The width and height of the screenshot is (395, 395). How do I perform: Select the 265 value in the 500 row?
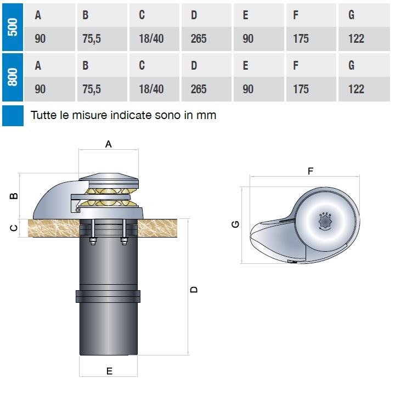tap(199, 39)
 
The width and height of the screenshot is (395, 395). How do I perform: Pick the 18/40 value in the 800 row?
tap(151, 89)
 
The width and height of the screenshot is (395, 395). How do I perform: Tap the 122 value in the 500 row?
tap(356, 39)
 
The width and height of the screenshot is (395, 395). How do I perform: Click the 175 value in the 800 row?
tap(301, 89)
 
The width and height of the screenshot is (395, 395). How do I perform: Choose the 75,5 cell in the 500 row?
tap(92, 39)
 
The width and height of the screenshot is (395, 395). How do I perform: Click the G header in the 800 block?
tap(351, 65)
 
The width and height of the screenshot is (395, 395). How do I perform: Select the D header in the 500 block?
tap(194, 15)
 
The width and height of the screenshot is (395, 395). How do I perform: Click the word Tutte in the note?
tap(44, 116)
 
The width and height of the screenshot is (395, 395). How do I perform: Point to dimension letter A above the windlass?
tap(109, 144)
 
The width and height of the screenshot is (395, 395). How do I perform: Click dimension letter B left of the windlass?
tap(15, 195)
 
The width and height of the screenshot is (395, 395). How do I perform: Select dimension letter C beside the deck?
tap(15, 228)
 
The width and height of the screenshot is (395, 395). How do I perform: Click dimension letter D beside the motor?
tap(194, 289)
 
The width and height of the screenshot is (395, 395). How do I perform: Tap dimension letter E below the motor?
tap(109, 372)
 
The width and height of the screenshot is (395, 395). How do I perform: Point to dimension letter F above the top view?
tap(311, 171)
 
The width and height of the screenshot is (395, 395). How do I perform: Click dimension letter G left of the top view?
tap(235, 224)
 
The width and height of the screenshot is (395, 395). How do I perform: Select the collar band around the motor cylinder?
tap(109, 296)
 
